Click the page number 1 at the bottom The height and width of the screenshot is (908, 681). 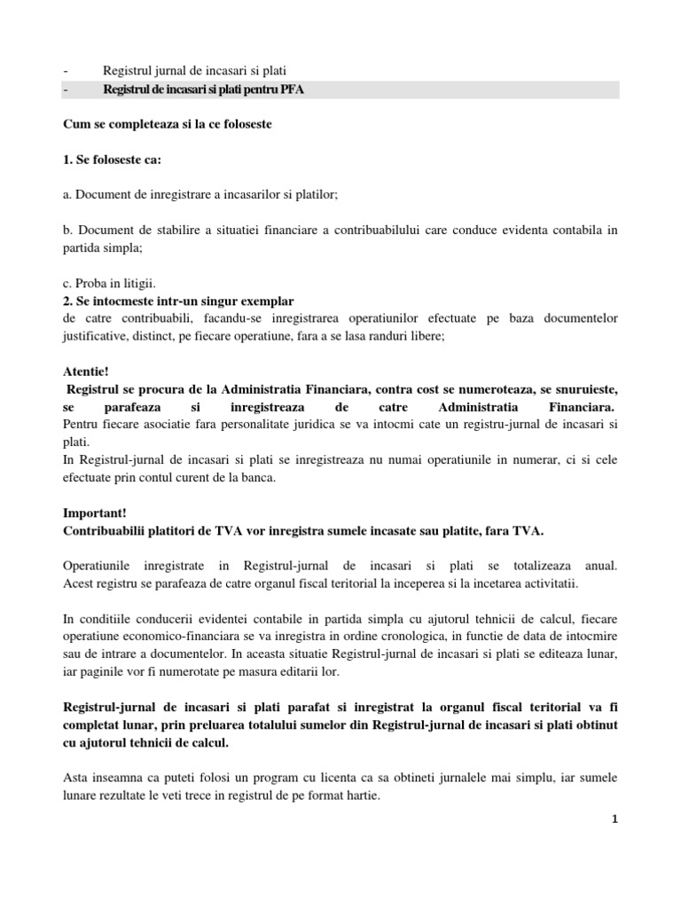(x=614, y=820)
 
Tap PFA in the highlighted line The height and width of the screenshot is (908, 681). (x=293, y=90)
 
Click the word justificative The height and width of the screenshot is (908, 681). (x=100, y=336)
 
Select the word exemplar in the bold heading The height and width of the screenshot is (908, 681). (x=266, y=301)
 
